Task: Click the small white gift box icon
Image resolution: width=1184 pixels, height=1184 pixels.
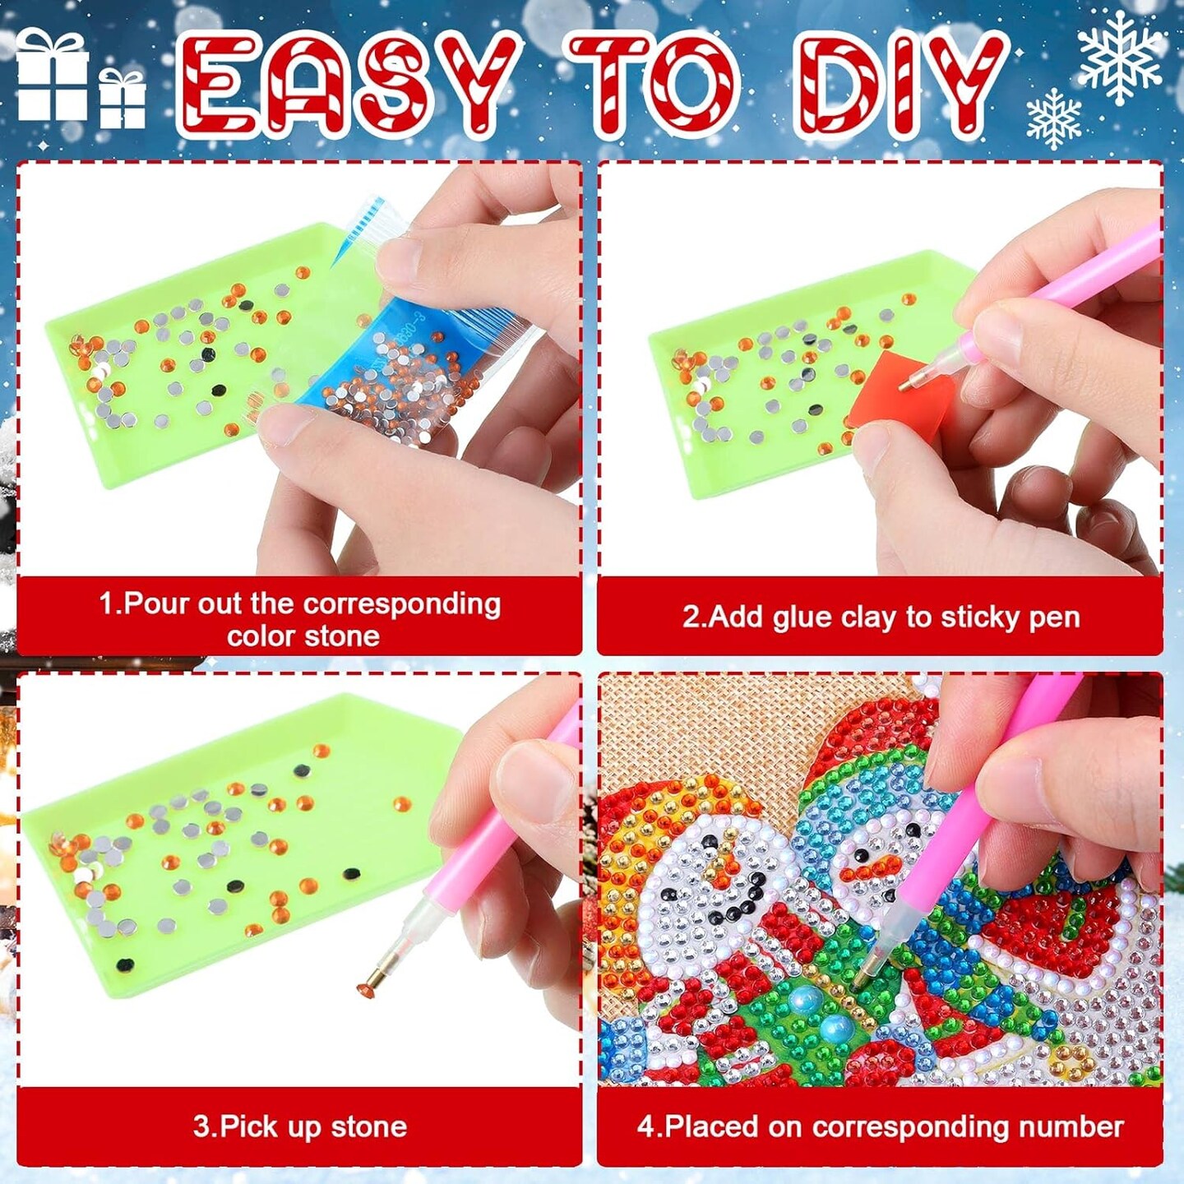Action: (x=123, y=99)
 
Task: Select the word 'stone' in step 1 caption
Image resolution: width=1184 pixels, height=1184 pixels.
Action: (x=343, y=636)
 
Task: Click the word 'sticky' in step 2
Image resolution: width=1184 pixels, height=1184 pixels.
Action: (x=978, y=618)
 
